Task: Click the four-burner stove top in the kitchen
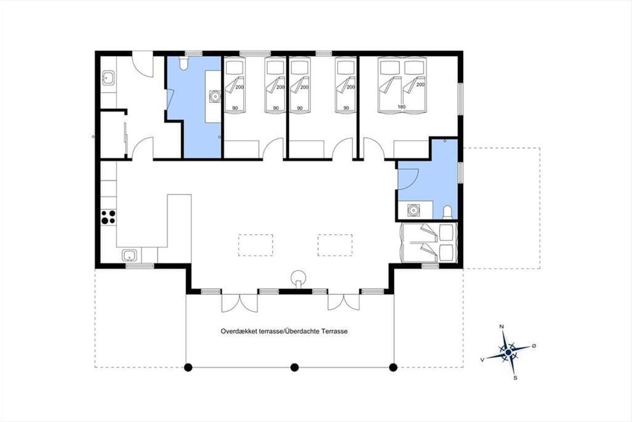click(x=108, y=217)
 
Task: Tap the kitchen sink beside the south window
click(x=130, y=255)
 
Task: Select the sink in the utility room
click(x=108, y=78)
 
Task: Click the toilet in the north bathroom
click(x=184, y=63)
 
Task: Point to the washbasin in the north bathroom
click(x=215, y=97)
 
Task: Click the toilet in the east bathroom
click(x=448, y=212)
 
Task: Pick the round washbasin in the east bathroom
click(x=413, y=210)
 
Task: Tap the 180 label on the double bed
click(x=401, y=107)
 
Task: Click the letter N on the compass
click(x=501, y=327)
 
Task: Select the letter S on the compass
click(x=515, y=378)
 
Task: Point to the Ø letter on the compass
click(x=534, y=346)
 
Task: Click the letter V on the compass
click(x=482, y=360)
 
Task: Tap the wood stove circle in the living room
click(x=299, y=276)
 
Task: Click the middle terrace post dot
click(x=294, y=367)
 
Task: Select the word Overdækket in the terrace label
click(x=239, y=331)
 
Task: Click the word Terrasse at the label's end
click(x=334, y=331)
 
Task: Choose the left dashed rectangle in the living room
click(x=255, y=245)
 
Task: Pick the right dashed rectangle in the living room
click(x=335, y=245)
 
